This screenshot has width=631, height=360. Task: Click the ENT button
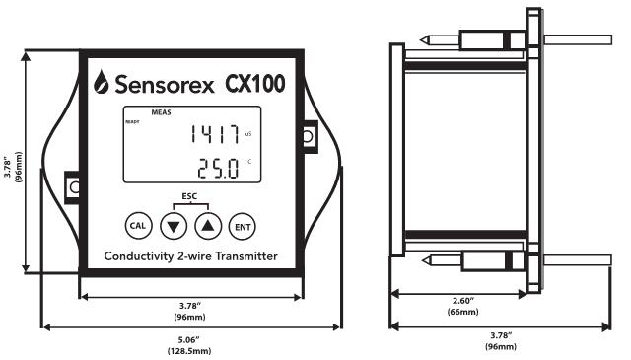coord(243,227)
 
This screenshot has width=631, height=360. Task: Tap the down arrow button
coord(174,226)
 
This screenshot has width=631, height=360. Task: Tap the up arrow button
coord(208,226)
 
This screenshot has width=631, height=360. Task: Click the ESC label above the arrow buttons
coord(189,196)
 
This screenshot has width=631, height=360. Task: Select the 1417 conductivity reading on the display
coord(215,134)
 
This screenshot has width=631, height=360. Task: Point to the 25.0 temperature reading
coord(218,169)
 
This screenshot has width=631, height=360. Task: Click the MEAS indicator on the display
coord(161,112)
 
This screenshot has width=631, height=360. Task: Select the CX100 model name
coord(254,84)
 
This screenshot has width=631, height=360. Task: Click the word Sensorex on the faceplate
coord(165,84)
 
